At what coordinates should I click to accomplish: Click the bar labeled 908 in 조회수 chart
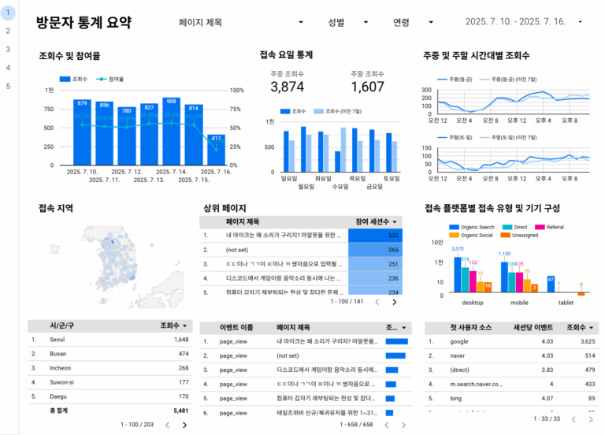(172, 132)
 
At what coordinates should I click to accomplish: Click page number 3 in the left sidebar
(8, 49)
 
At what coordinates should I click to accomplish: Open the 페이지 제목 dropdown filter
(241, 23)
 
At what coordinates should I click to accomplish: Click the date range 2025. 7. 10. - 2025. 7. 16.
(524, 23)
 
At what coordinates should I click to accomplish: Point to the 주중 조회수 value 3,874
(287, 87)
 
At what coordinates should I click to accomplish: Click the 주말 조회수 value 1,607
(367, 87)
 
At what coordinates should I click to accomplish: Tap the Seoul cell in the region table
(58, 340)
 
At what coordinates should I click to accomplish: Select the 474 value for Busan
(181, 354)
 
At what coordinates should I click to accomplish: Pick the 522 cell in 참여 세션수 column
(375, 236)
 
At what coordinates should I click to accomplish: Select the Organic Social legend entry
(476, 235)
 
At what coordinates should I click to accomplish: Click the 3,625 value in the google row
(582, 341)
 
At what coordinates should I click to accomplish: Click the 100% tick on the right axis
(236, 91)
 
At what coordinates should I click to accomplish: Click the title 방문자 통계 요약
(84, 23)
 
